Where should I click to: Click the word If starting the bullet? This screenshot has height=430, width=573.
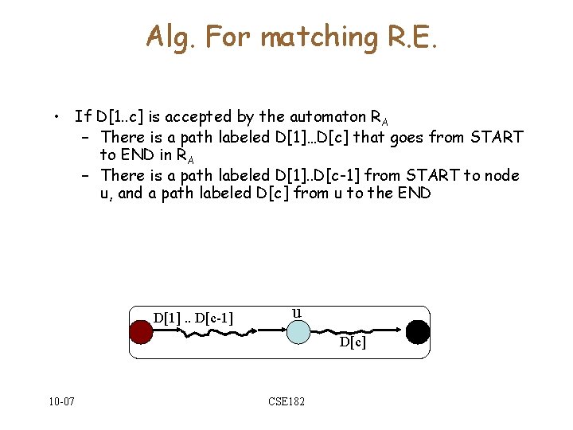(x=82, y=117)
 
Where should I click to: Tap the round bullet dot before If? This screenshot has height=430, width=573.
(x=58, y=117)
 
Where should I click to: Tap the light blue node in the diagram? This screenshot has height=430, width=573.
(x=296, y=331)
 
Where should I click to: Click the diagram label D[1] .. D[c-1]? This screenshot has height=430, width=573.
(x=193, y=319)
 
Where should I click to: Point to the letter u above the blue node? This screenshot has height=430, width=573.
(x=297, y=312)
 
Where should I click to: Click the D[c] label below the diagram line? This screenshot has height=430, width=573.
(x=353, y=343)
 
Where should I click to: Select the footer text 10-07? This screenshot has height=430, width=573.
(x=60, y=401)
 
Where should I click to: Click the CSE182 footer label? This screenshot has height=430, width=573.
(x=286, y=401)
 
